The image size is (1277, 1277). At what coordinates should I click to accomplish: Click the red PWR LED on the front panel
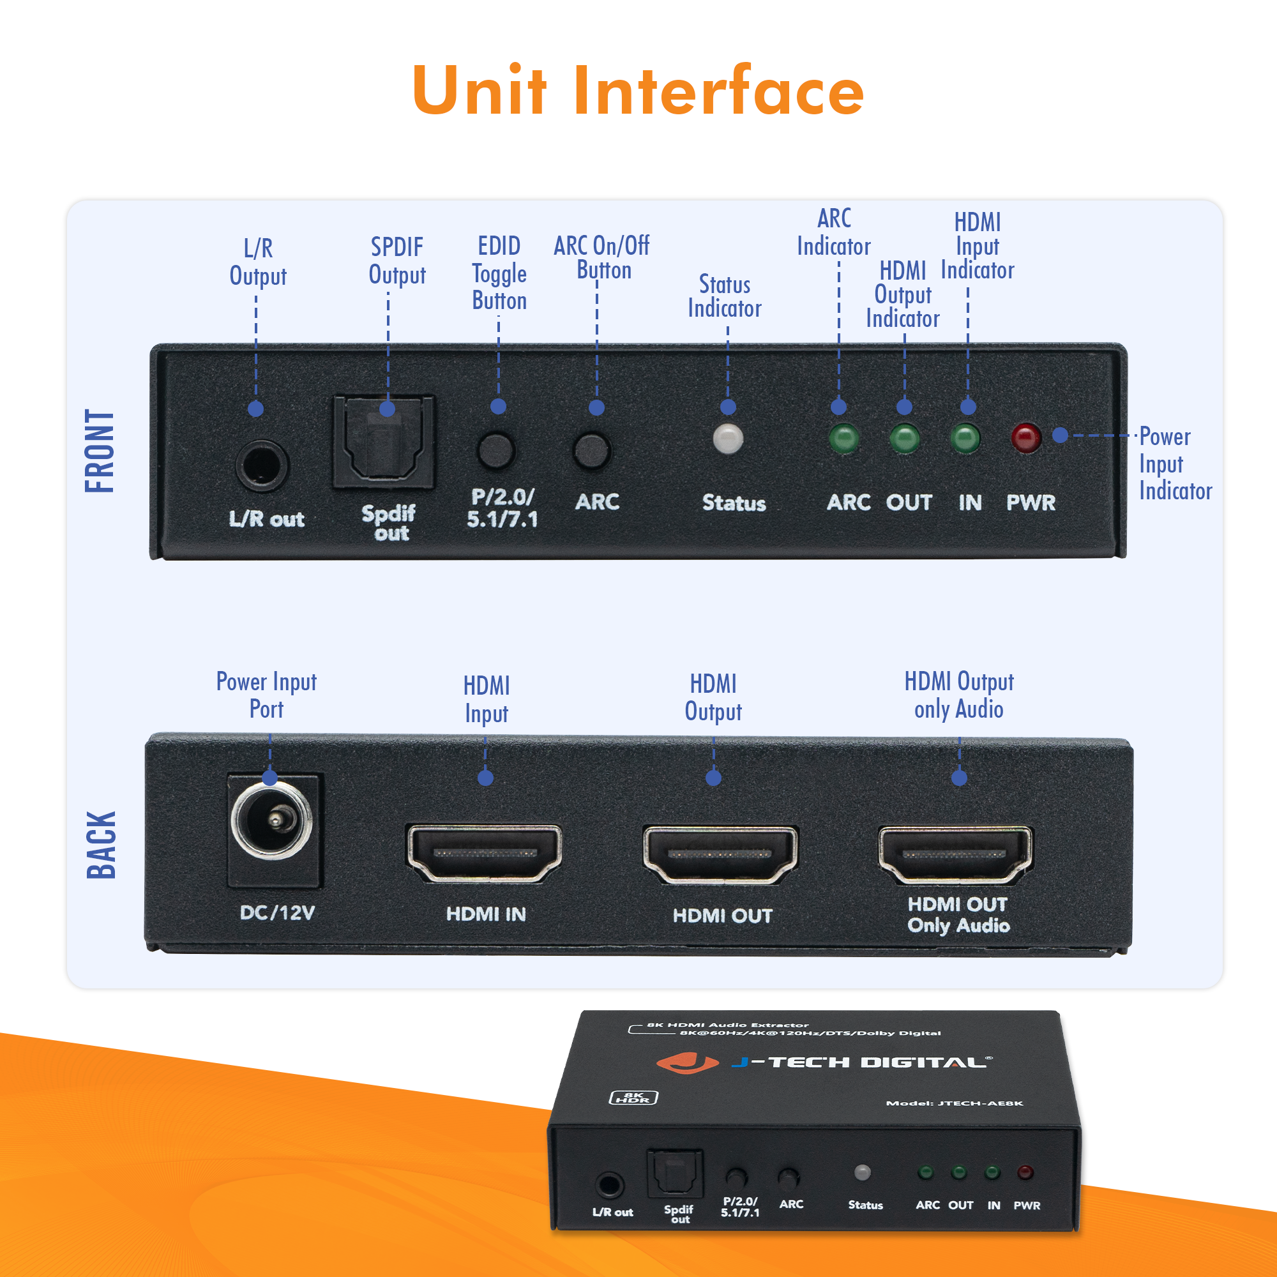coord(1026,437)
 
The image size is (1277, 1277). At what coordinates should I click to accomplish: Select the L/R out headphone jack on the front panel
coord(262,465)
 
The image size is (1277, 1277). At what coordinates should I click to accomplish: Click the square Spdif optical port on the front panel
coord(384,442)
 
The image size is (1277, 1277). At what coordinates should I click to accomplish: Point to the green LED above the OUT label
coord(904,438)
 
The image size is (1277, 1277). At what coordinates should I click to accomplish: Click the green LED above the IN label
coord(965,438)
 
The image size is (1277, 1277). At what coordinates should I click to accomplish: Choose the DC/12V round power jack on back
coord(271,820)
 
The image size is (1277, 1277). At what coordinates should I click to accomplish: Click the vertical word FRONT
coord(100,451)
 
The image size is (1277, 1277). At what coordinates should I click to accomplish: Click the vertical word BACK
coord(101,845)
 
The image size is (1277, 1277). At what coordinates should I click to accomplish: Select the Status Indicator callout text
coord(725,296)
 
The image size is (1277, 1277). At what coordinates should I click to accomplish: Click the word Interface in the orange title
coord(718,91)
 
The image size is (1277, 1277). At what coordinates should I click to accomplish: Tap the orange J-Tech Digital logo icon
coord(687,1063)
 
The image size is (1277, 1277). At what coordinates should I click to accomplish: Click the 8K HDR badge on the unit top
coord(633,1097)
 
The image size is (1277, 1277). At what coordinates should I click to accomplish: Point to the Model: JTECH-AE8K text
coord(954,1103)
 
